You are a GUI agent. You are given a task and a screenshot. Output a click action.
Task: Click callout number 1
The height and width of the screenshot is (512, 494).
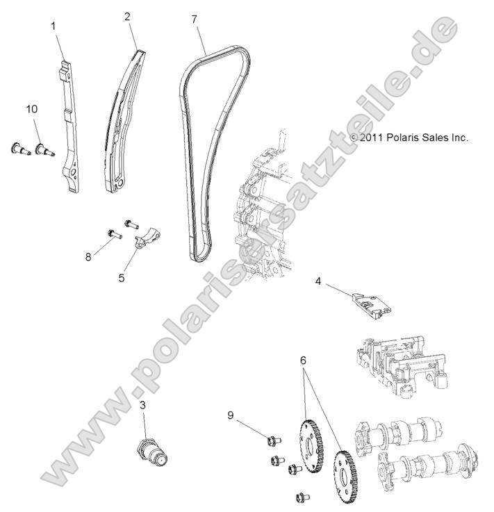point(53,25)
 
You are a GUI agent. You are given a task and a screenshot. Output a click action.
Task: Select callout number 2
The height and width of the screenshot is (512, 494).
point(127,16)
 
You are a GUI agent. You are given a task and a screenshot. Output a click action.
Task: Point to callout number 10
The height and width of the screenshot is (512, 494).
point(31,110)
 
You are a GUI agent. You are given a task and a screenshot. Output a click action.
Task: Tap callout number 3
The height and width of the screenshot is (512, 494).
point(142,405)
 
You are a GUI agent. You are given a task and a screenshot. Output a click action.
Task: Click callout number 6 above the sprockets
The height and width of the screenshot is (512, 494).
point(303,361)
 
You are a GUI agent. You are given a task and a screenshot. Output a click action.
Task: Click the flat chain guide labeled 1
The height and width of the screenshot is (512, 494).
point(70,125)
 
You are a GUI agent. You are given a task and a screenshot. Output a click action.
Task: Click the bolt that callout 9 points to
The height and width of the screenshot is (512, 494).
point(270,439)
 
